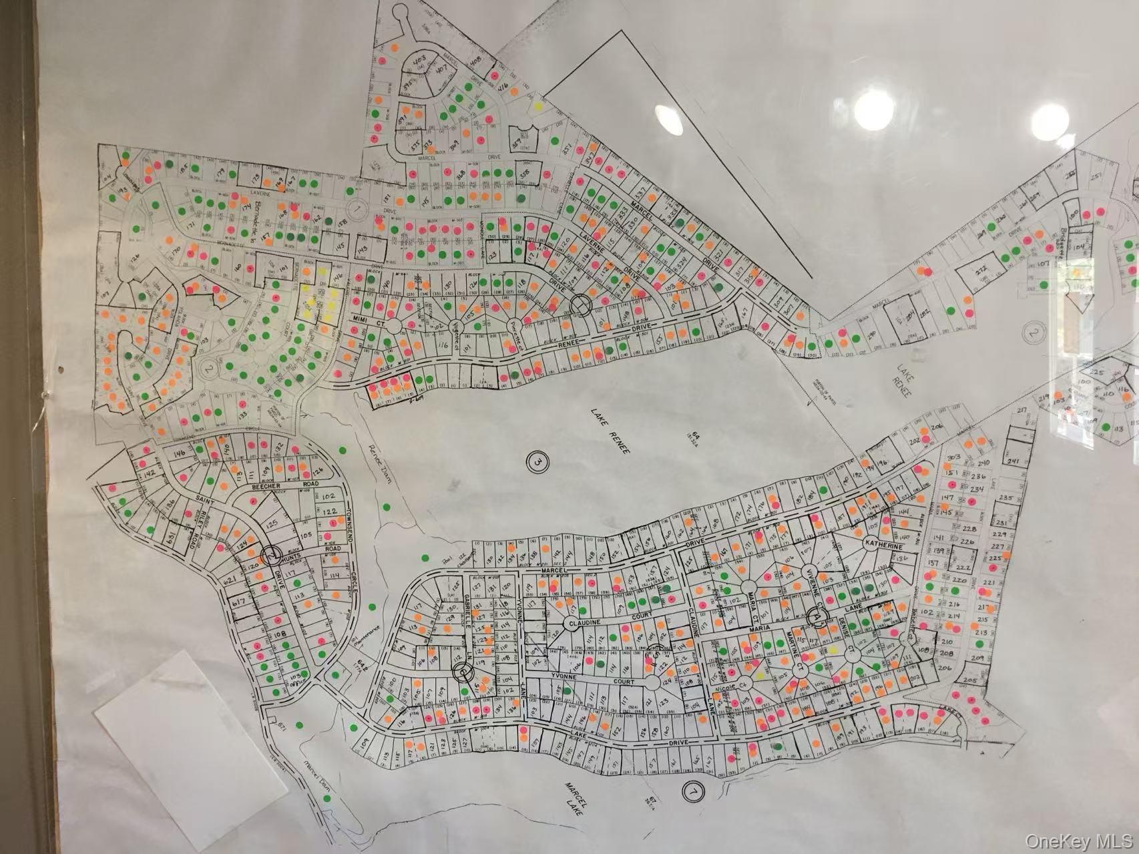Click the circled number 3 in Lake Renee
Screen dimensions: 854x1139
pos(537,461)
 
